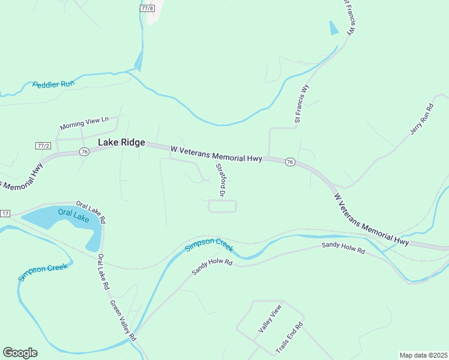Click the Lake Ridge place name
(x=121, y=142)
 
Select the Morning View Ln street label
(x=84, y=124)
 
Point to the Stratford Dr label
(x=219, y=181)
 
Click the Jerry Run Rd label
(x=422, y=119)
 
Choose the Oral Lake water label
(x=73, y=215)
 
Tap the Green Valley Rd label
(x=124, y=320)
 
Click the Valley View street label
(x=270, y=319)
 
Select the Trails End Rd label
(x=289, y=338)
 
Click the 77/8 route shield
(x=147, y=9)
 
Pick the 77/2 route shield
(x=43, y=146)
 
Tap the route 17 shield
(x=5, y=214)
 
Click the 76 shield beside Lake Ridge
(x=83, y=152)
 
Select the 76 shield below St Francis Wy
(x=290, y=163)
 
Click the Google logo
(x=20, y=353)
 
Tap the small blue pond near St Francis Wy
(x=334, y=28)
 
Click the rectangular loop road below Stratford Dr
(x=222, y=206)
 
